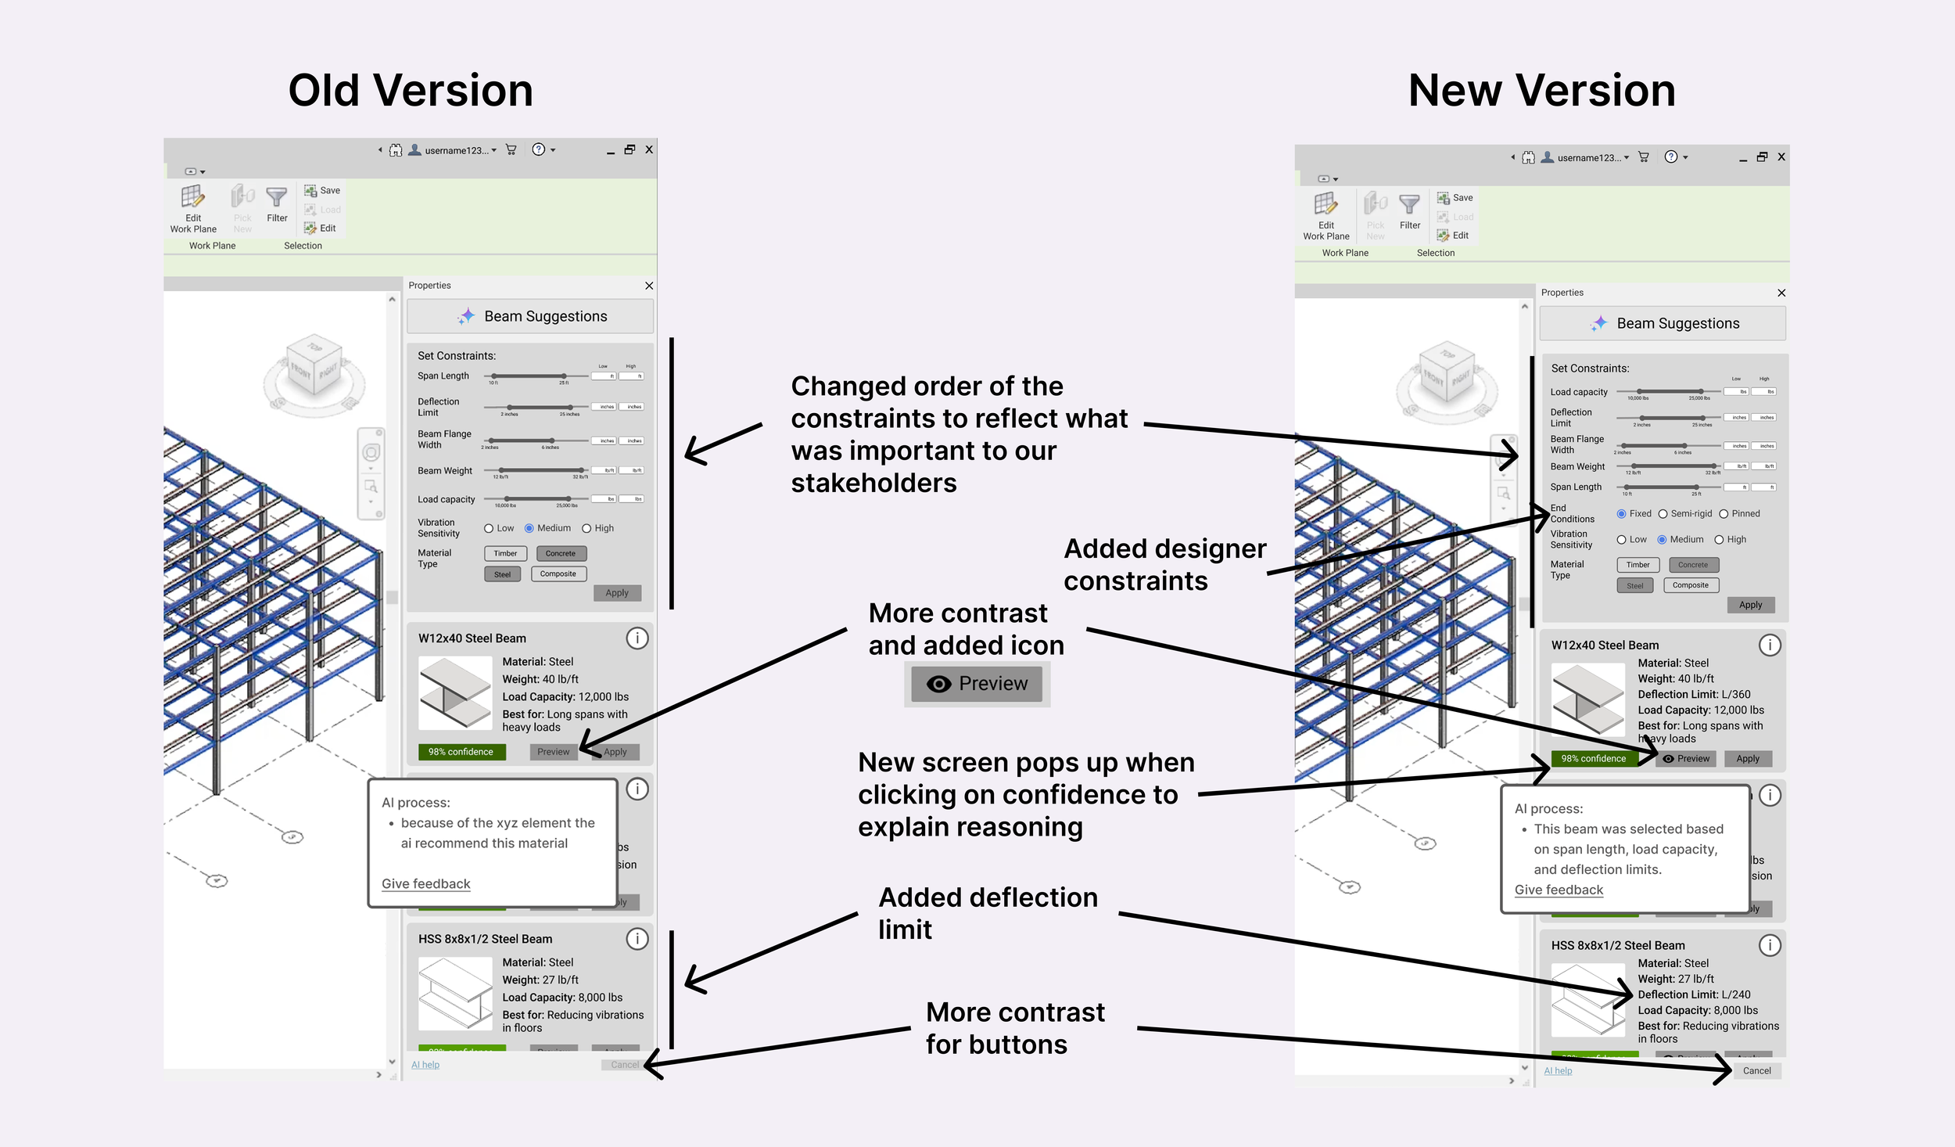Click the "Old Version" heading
(x=411, y=91)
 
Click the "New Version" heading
(x=1541, y=91)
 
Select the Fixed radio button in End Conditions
(x=1621, y=514)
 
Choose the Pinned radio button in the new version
(x=1724, y=514)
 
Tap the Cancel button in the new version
(x=1756, y=1070)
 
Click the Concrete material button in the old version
(x=560, y=553)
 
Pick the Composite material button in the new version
(x=1690, y=585)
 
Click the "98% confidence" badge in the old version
(x=461, y=752)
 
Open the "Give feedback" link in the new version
(x=1559, y=890)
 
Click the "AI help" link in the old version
(x=425, y=1065)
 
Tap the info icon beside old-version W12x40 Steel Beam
(x=637, y=638)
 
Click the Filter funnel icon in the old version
(x=277, y=197)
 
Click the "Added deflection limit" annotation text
(x=988, y=913)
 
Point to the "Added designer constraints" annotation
(x=1164, y=564)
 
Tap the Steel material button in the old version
(x=502, y=574)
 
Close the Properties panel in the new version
(x=1781, y=293)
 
